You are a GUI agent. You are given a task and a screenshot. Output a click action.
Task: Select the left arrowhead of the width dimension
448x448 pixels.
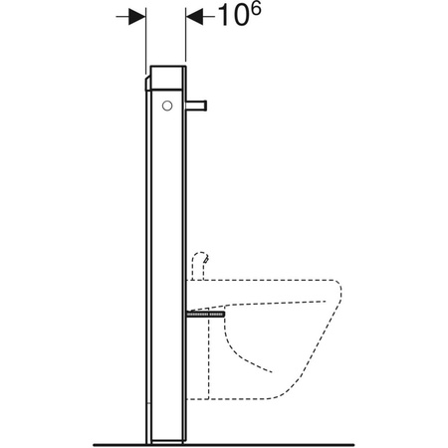tap(140, 17)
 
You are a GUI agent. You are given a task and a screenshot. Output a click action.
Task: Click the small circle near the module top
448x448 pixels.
tap(166, 106)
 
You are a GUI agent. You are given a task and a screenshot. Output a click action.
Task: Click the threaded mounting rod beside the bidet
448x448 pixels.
tap(207, 315)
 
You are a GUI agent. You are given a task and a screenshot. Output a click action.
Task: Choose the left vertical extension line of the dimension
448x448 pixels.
tap(146, 40)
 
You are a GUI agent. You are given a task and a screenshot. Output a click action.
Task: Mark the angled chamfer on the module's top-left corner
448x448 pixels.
tap(149, 74)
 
